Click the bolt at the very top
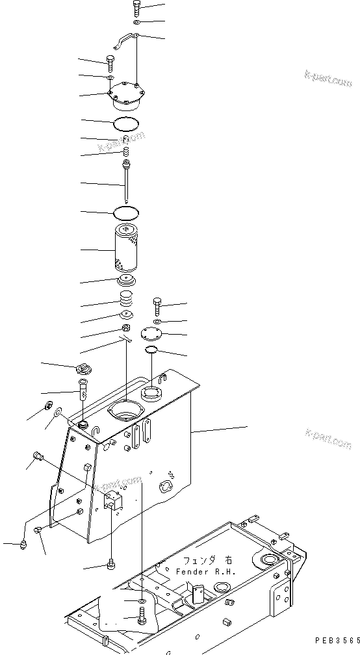(x=137, y=8)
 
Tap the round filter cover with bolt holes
(x=127, y=95)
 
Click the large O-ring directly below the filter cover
(x=127, y=123)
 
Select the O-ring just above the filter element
(x=125, y=212)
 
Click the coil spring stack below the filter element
(x=125, y=301)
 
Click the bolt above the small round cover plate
(x=156, y=305)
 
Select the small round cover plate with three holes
(x=153, y=334)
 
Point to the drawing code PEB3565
(x=335, y=640)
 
